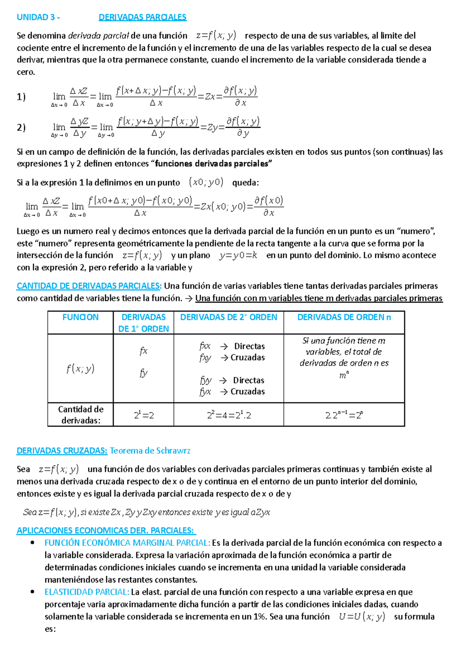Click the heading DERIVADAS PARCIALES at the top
pos(143,17)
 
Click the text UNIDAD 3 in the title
pos(36,17)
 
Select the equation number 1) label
pos(21,97)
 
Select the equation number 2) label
pos(21,128)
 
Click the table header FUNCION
pos(80,317)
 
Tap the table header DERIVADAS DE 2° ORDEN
pos(229,317)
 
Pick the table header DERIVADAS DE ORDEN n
pos(344,317)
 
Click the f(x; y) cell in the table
pos(80,369)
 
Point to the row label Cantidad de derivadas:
pos(81,415)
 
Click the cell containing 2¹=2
pos(144,415)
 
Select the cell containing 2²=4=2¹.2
pos(229,415)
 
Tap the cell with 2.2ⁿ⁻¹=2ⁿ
pos(344,415)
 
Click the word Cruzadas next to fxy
pos(248,358)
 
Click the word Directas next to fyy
pos(249,380)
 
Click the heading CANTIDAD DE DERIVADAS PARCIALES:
pos(89,286)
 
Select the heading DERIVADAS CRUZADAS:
pos(62,451)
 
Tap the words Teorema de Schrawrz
pos(150,451)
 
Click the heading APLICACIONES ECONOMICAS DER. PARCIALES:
pos(106,531)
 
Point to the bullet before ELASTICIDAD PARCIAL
pos(33,592)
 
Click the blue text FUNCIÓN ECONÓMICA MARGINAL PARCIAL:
pos(127,543)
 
